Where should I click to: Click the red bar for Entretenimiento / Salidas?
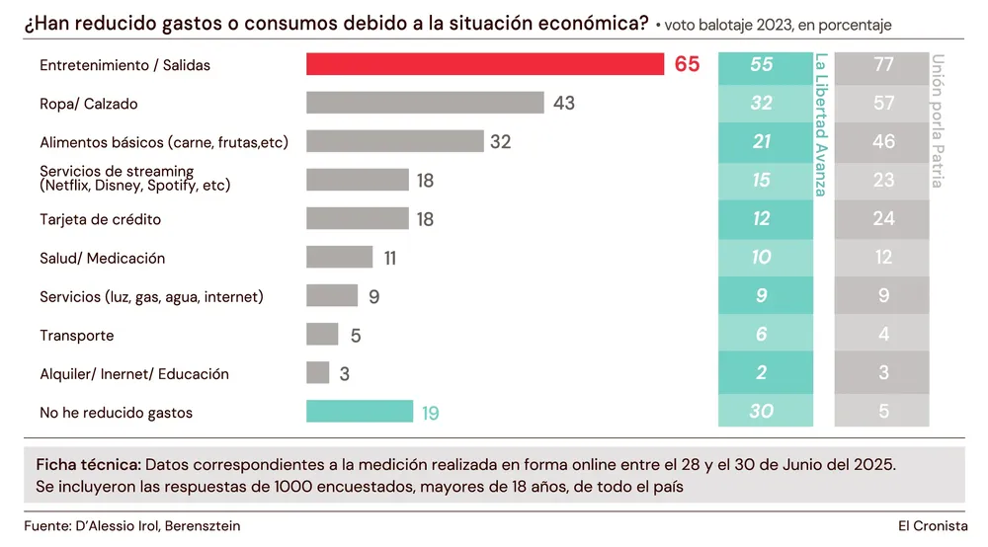[x=484, y=64]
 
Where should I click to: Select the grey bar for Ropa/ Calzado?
[x=425, y=103]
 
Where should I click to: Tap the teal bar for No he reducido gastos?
[x=360, y=412]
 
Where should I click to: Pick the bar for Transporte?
[x=322, y=335]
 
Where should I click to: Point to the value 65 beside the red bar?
[x=687, y=64]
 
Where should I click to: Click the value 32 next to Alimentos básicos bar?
[x=501, y=141]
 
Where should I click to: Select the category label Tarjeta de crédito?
[x=100, y=219]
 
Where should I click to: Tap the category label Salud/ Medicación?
[x=102, y=258]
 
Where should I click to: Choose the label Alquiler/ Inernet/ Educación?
[x=134, y=374]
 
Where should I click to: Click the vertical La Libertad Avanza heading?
[x=820, y=123]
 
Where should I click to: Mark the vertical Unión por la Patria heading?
[x=938, y=120]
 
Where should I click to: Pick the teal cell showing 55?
[x=761, y=64]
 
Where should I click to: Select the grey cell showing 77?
[x=883, y=64]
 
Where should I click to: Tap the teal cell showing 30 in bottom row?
[x=761, y=412]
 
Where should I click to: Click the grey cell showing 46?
[x=883, y=141]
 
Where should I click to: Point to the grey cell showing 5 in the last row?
[x=883, y=412]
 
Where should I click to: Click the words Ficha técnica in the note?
[x=88, y=464]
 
